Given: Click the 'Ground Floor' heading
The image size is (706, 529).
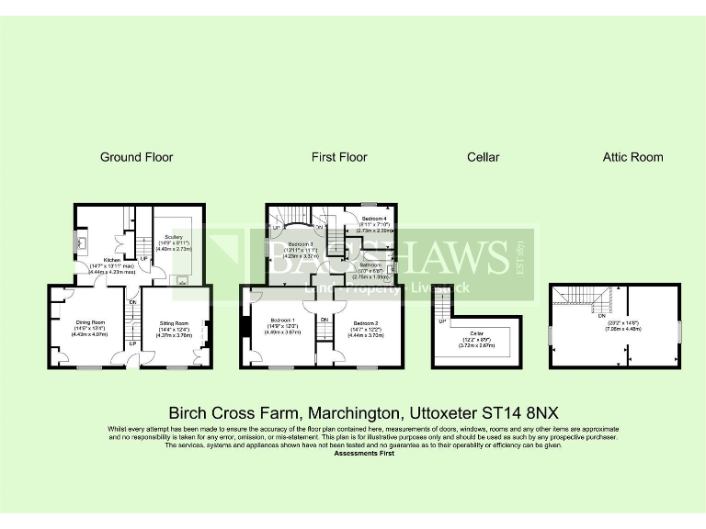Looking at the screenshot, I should (136, 157).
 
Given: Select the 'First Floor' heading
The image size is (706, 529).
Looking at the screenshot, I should (339, 157).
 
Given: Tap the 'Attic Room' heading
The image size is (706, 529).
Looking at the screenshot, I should (632, 157).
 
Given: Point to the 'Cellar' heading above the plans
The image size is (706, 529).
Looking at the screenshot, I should (483, 157).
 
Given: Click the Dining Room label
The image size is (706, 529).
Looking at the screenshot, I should (88, 322).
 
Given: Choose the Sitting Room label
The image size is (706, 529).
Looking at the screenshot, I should (174, 323).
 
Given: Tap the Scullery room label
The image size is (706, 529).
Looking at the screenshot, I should (174, 236).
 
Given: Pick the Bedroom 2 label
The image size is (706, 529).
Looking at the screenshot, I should (365, 323).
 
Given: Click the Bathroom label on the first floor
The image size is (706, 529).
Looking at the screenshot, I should (370, 264).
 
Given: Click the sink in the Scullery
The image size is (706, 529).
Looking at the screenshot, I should (182, 280).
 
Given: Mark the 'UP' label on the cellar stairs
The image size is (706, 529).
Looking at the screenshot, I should (442, 322).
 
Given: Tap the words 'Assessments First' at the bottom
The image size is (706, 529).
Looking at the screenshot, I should (363, 454).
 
